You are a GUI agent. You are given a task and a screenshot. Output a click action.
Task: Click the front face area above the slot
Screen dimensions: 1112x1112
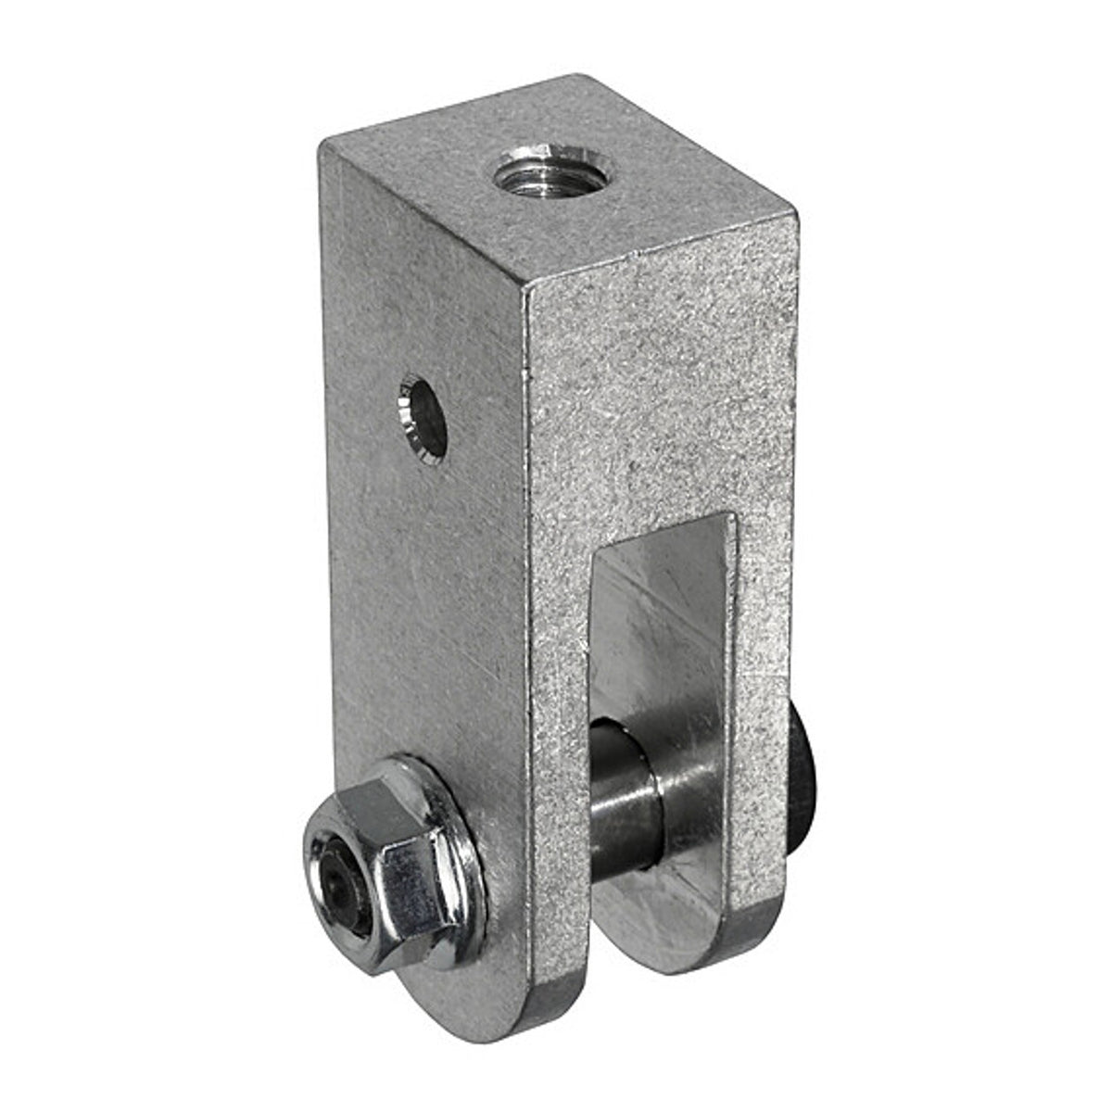point(658,398)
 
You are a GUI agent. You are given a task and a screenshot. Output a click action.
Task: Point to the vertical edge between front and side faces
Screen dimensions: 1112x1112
point(525,556)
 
